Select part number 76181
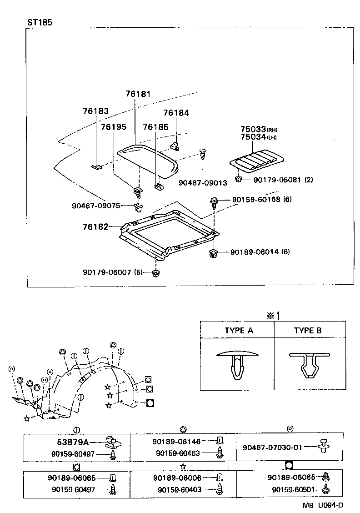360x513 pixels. pos(138,94)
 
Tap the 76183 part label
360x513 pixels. pos(95,111)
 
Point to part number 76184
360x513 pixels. pos(176,113)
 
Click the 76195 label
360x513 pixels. pos(113,127)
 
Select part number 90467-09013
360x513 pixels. pos(203,183)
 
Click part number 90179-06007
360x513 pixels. pos(113,272)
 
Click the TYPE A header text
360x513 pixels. pos(238,331)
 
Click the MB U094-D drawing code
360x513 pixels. pos(324,505)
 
